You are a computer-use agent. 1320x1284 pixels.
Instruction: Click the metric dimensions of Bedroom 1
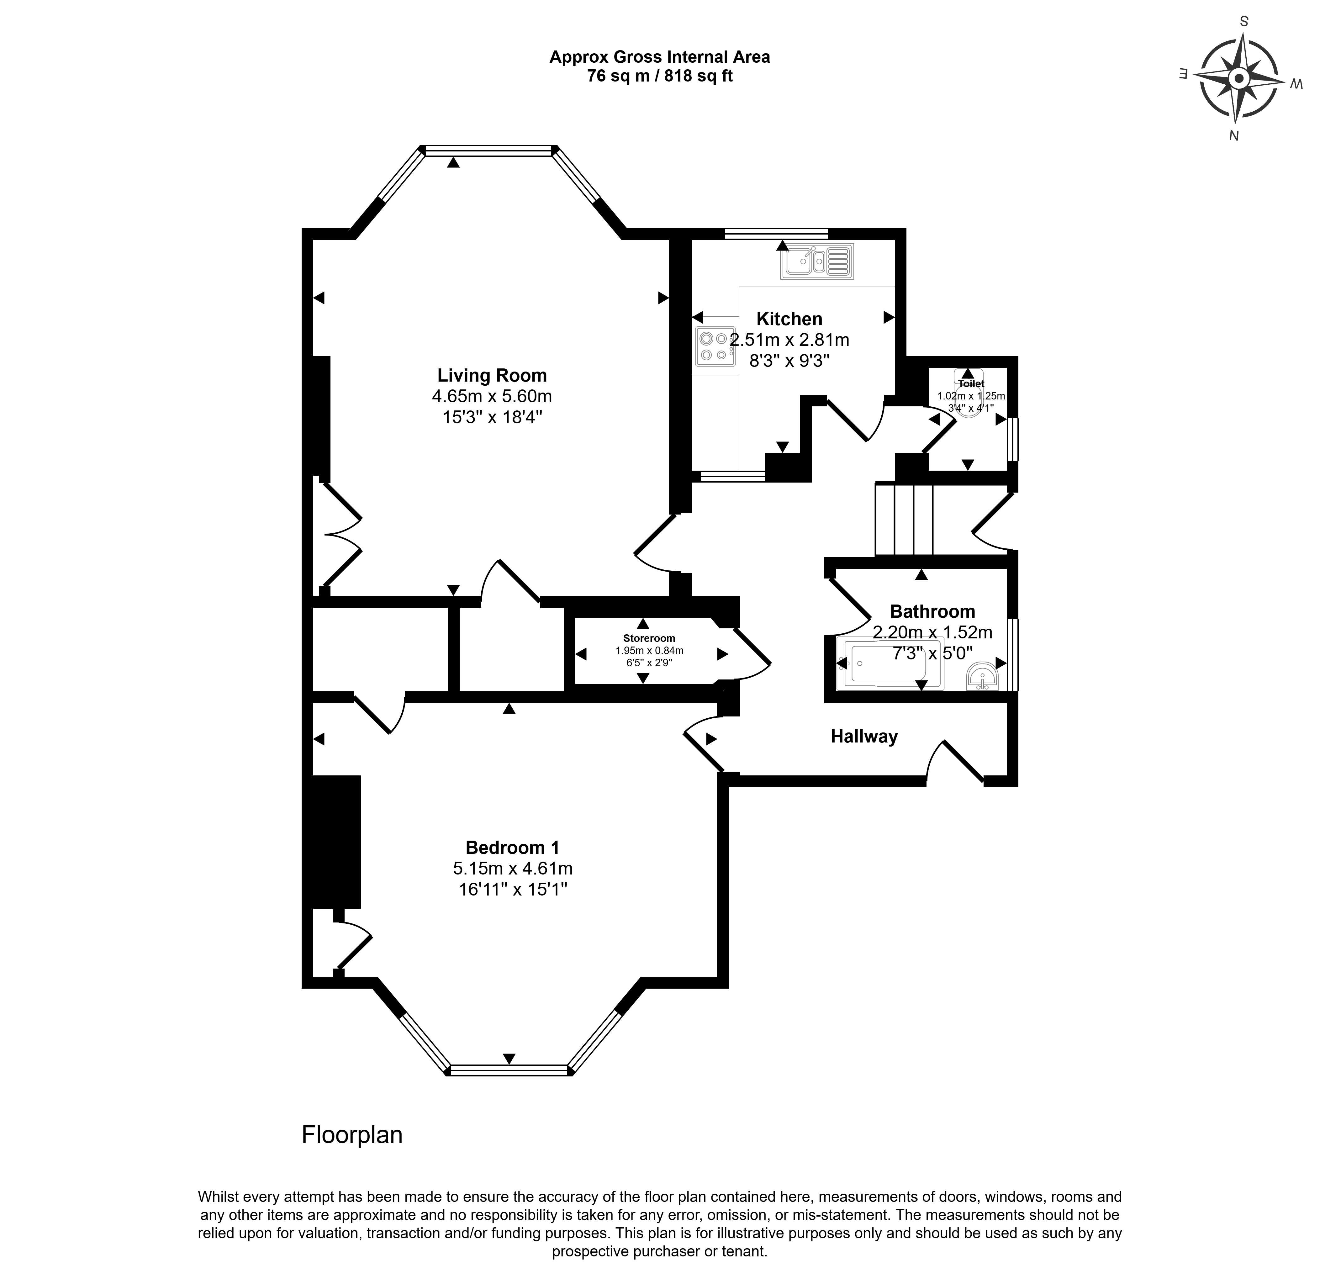coord(513,869)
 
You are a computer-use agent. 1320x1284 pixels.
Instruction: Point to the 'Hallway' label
coord(864,737)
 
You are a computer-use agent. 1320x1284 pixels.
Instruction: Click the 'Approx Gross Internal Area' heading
coord(660,57)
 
